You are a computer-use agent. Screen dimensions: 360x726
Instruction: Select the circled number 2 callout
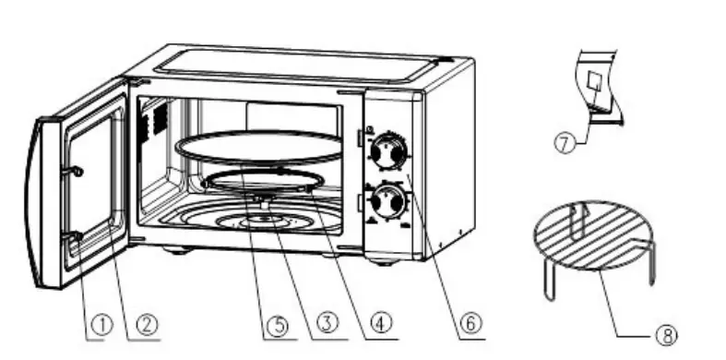(x=146, y=324)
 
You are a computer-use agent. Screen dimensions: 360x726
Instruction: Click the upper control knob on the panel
(x=389, y=151)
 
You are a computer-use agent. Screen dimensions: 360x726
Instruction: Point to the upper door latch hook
(x=77, y=171)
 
